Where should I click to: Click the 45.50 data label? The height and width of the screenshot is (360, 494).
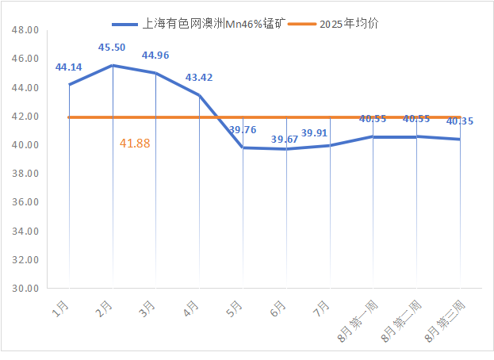tap(112, 48)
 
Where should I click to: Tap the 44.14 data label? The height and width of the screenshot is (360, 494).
tap(69, 67)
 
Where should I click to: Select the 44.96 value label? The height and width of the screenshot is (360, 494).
tap(155, 56)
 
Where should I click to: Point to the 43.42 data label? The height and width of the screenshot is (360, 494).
tap(199, 78)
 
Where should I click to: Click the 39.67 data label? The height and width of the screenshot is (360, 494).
tap(285, 140)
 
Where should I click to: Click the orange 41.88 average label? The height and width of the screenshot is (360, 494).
tap(135, 144)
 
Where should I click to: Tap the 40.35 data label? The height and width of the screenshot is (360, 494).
tap(460, 121)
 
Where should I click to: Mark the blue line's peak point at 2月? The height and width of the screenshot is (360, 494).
tap(113, 65)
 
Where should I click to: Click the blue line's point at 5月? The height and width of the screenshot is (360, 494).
tap(243, 147)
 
